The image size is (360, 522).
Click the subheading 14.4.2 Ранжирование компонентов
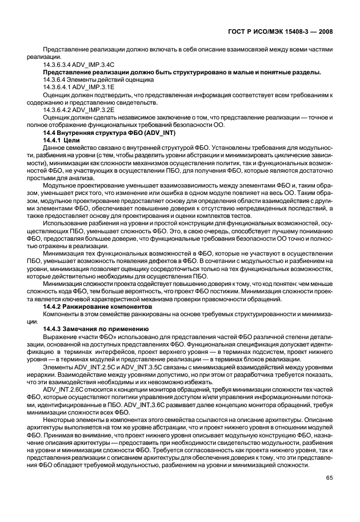[x=93, y=307]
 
